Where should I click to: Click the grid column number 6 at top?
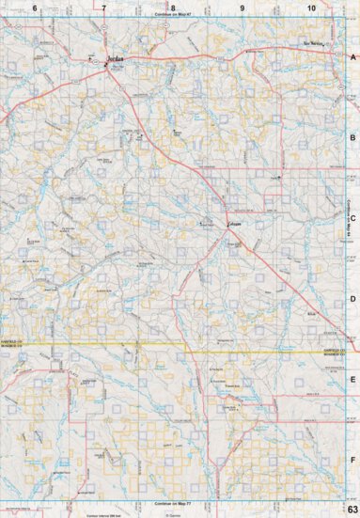35,8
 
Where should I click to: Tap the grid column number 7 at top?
104,8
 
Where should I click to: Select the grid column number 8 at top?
174,8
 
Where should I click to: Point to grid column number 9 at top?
243,8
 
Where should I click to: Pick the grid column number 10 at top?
311,8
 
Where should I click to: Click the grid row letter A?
352,57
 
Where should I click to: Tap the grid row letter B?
352,137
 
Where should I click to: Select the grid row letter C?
352,218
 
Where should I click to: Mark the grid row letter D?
352,299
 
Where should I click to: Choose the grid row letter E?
352,380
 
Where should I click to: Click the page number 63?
351,510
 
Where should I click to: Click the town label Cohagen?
234,224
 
